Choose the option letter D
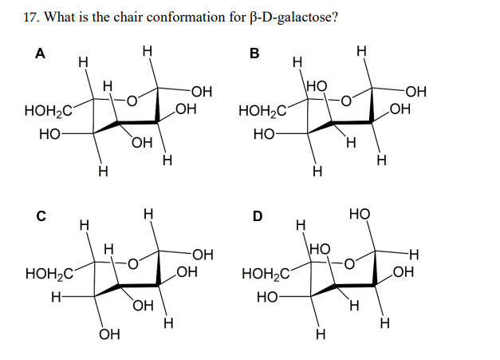point(257,216)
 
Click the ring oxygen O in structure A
point(135,100)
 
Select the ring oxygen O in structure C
point(135,262)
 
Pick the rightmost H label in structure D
point(412,255)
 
